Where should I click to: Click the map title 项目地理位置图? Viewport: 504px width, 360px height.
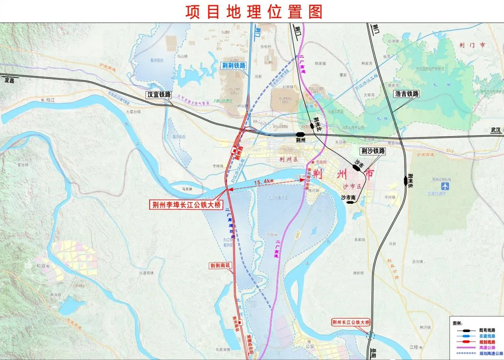tap(253, 12)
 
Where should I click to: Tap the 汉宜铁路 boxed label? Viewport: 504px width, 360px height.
tap(159, 94)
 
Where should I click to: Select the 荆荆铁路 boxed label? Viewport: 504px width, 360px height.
tap(234, 66)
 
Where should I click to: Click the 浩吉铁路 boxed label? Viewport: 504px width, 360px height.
tap(406, 94)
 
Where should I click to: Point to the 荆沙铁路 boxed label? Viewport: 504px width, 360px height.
tap(373, 151)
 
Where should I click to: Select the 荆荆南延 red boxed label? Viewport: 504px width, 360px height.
tap(221, 265)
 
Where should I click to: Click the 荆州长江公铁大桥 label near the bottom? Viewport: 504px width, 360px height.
tap(351, 322)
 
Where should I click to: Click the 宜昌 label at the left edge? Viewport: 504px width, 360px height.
tap(9, 81)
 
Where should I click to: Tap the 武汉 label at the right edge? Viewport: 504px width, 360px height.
tap(495, 130)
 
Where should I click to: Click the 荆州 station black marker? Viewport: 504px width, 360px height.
tap(300, 134)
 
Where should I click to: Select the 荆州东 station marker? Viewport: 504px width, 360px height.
tap(406, 180)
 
